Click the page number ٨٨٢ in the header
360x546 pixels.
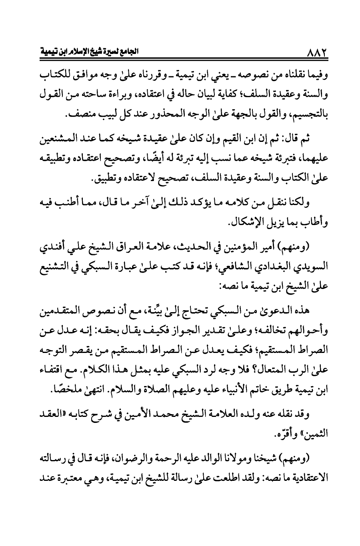[x=318, y=52]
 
